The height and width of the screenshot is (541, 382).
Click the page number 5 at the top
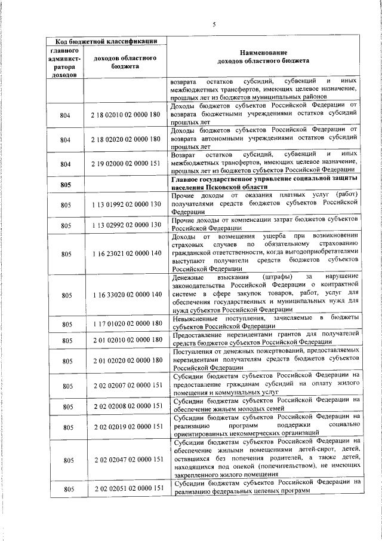point(214,24)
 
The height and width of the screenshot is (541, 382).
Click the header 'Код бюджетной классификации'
point(106,41)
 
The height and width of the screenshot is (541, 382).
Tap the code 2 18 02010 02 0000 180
point(127,114)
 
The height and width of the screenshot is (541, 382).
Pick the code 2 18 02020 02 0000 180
point(127,139)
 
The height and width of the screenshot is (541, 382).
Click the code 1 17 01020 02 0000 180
point(127,324)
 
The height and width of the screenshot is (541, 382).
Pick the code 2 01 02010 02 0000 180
point(127,340)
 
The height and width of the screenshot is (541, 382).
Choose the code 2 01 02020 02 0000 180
point(127,360)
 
